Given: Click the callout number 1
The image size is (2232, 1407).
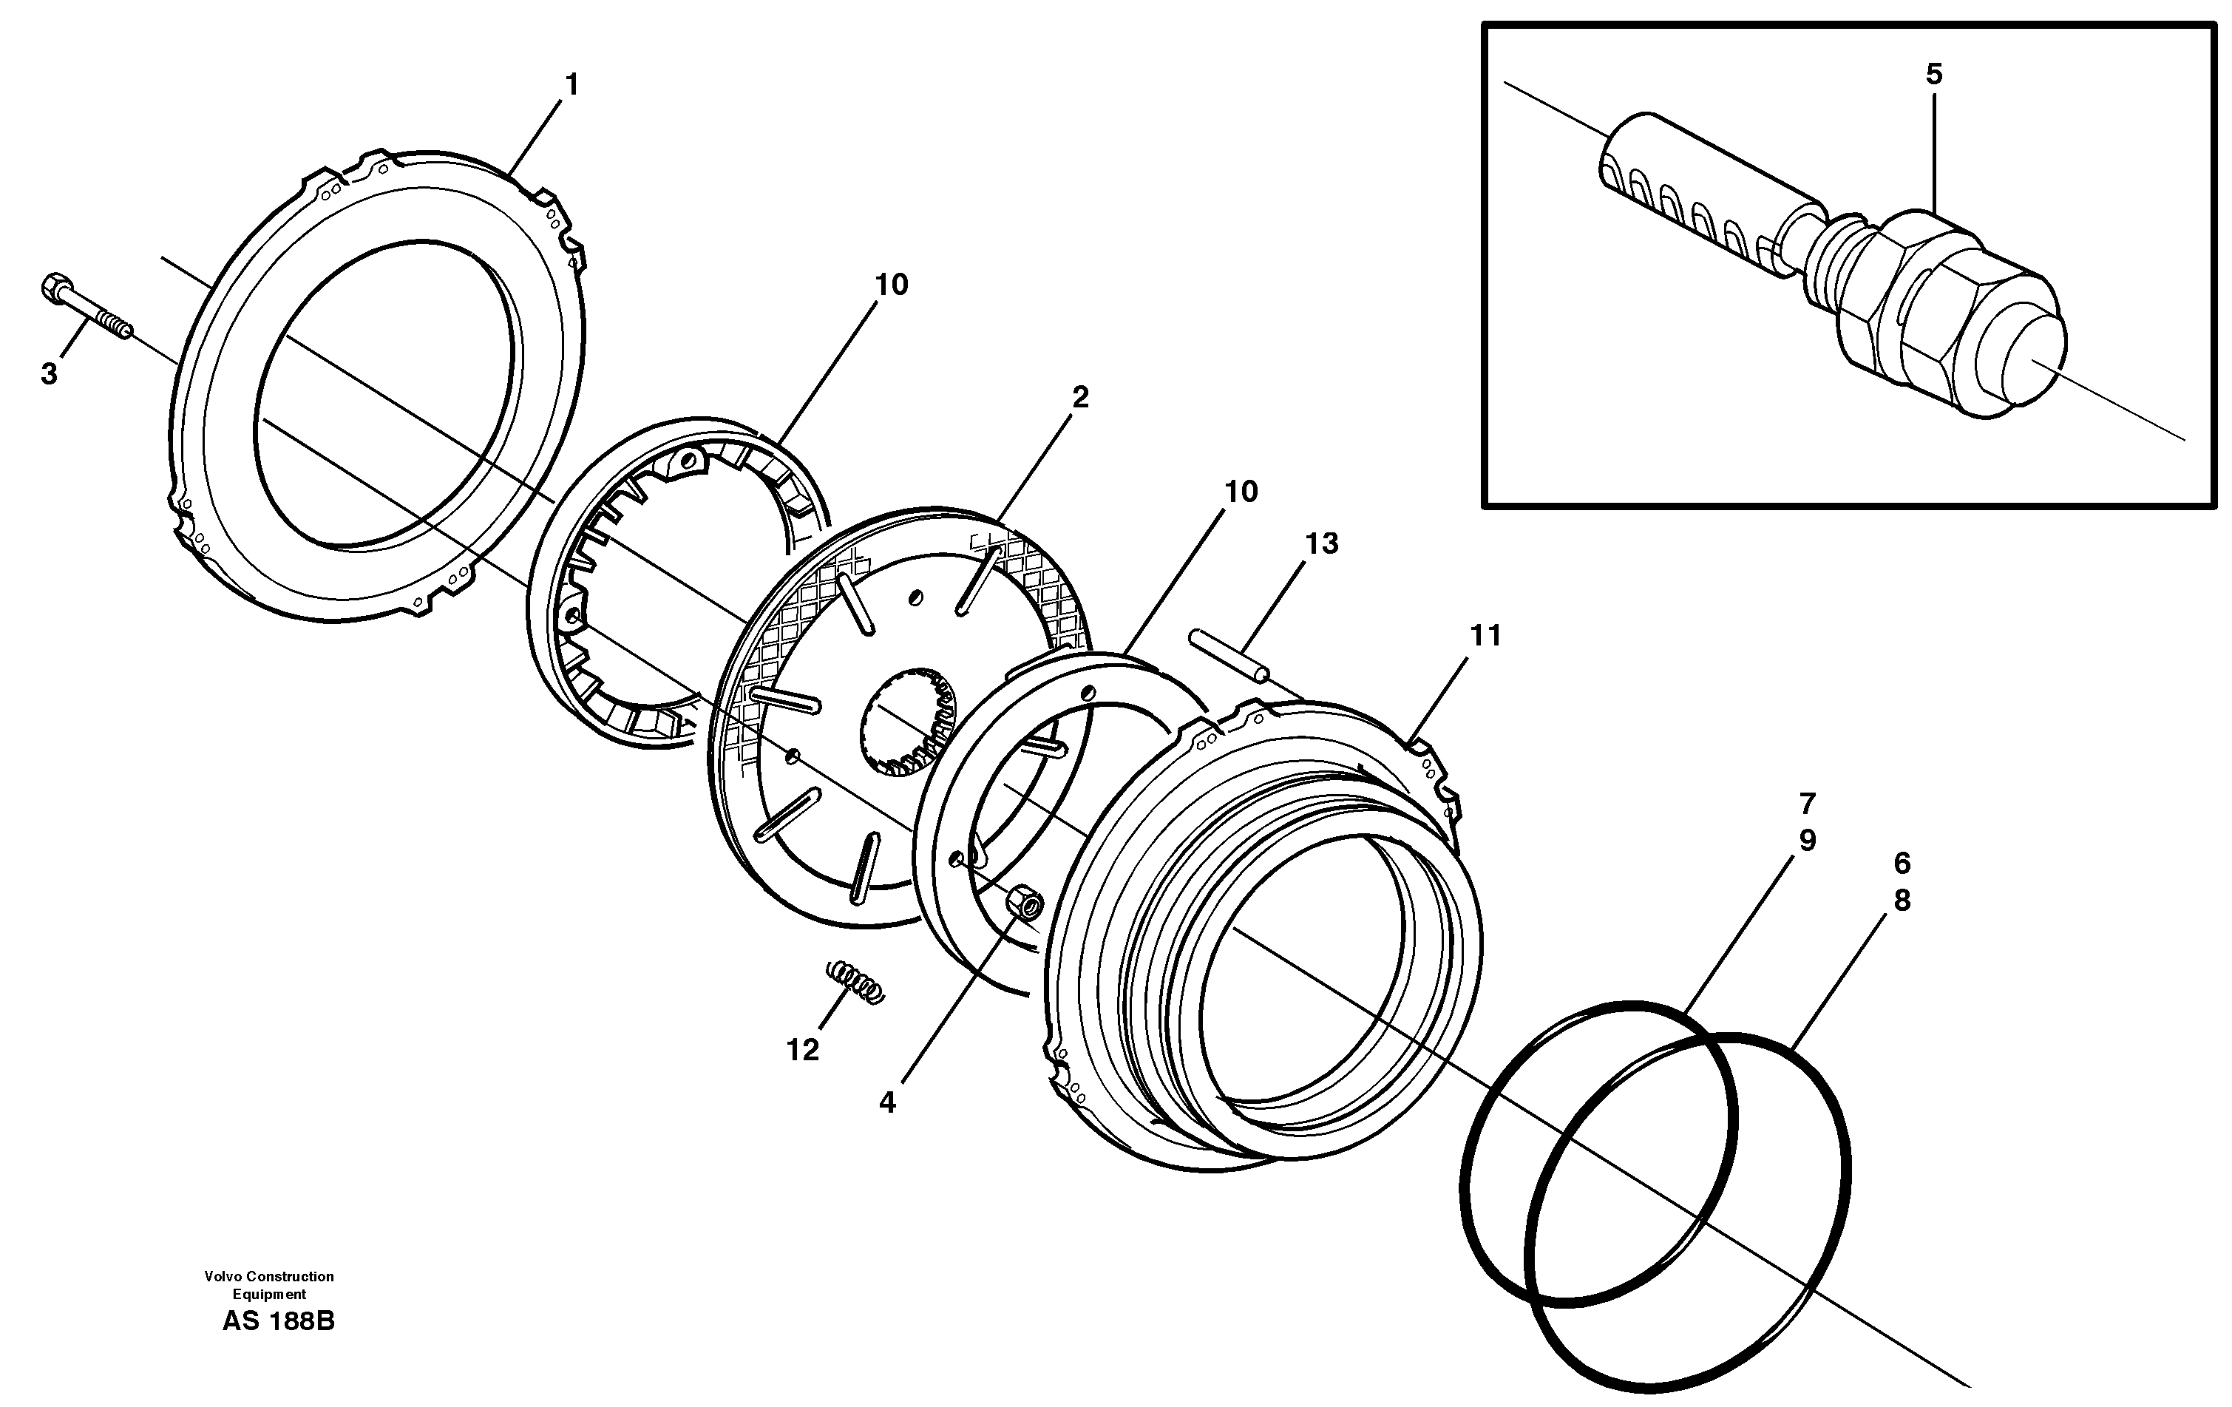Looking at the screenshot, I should coord(572,85).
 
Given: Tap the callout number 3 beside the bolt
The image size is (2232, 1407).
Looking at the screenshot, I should coord(49,374).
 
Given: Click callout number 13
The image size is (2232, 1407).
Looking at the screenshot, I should coord(1322,544).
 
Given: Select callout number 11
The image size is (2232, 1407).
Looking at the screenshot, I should coord(1485,636).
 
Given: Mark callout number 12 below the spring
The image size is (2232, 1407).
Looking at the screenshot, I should coord(803,1050).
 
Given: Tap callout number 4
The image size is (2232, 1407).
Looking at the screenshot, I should coord(887,1103).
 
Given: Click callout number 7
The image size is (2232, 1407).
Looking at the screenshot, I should coord(1808,803).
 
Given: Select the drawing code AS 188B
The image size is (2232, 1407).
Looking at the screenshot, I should coord(278,1320).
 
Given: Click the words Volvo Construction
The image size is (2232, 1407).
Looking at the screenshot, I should coord(269,1276).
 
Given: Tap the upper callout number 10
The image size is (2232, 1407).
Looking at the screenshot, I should coord(892,285).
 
